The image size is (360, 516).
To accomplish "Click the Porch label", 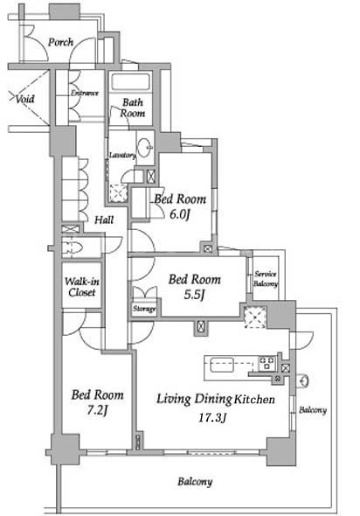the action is coord(61,42).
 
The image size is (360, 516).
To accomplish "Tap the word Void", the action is coord(25,99).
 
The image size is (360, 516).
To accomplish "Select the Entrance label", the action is coord(85,93).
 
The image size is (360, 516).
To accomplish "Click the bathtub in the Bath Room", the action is coord(131,81).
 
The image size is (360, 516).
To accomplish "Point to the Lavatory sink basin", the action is coord(145,147).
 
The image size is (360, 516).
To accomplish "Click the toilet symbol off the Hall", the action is coord(72,248).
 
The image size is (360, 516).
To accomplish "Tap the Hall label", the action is coord(104,220).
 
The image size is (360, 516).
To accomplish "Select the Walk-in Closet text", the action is coord(82,287).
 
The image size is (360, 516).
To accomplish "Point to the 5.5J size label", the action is coord(194,295).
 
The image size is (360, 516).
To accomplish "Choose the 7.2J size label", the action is coord(97,410).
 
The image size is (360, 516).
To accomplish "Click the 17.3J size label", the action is coord(212,418).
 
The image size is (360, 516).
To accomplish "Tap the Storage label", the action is coord(144,309).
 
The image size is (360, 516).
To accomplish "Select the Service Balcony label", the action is coord(266,278).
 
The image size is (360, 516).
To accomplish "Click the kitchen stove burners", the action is coord(267,364).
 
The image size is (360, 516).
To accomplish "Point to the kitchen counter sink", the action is coord(222,365).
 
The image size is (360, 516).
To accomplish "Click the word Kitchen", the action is coord(254,399).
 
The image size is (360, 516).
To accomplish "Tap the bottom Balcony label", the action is coord(195,482).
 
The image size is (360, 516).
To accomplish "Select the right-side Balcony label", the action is coord(313,410).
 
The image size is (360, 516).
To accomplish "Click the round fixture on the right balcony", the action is coord(304,380).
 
